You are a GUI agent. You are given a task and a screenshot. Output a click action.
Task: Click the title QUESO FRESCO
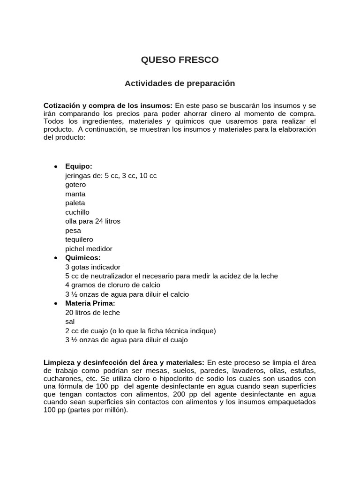180,60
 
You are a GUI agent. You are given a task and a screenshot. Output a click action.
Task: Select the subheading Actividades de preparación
180,83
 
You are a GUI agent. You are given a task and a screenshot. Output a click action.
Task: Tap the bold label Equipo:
79,166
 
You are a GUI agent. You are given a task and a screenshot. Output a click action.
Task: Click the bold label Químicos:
83,258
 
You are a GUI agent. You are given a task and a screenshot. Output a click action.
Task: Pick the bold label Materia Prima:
90,303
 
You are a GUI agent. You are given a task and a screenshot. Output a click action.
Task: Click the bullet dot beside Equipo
56,167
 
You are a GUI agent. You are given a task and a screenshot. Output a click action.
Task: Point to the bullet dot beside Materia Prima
56,304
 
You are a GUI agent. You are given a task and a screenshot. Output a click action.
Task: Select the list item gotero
75,185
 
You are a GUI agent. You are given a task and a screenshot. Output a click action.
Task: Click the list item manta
75,194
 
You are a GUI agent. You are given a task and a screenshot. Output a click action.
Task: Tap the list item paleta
75,203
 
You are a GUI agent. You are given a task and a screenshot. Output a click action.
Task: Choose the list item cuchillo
77,212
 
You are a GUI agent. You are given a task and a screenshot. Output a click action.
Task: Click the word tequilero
79,240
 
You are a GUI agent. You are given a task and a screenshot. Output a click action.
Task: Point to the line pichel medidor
89,249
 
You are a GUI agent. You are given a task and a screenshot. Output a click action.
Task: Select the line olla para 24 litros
93,221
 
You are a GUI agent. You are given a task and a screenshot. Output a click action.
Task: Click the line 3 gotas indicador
93,267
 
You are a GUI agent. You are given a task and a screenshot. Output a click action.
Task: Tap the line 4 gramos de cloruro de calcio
112,285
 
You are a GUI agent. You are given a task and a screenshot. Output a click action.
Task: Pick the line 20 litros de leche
92,313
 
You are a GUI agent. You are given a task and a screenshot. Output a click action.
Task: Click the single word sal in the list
70,322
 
